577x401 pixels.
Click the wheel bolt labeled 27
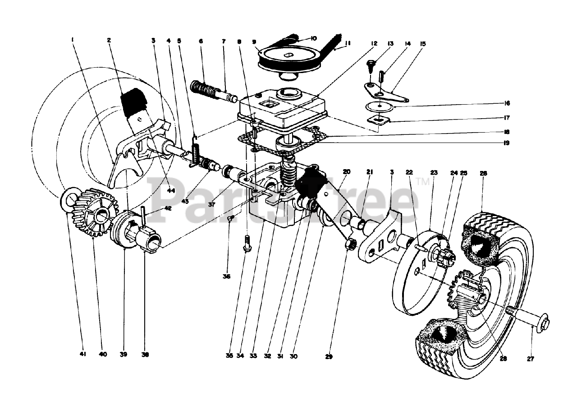pos(536,321)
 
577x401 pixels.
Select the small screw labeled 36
pos(230,219)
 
